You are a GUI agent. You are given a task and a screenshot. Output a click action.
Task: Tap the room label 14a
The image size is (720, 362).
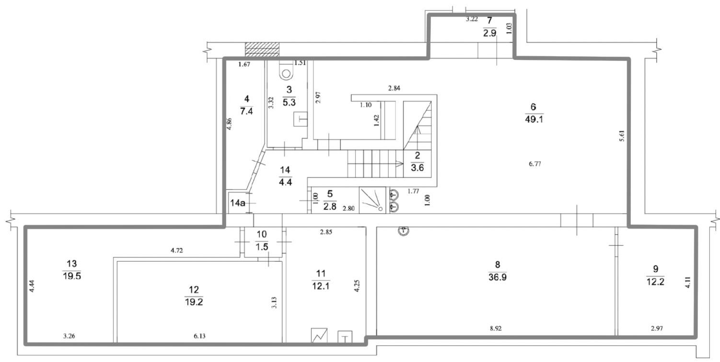click(238, 203)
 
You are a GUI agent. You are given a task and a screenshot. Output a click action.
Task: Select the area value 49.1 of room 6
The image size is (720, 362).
click(534, 120)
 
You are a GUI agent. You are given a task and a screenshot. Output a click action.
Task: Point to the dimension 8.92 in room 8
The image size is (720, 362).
click(496, 328)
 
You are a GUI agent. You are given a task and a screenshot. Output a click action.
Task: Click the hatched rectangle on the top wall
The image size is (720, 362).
click(262, 49)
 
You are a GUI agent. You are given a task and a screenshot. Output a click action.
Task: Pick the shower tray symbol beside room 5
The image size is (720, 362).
click(372, 200)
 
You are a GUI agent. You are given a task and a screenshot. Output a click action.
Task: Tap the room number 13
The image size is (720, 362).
click(72, 264)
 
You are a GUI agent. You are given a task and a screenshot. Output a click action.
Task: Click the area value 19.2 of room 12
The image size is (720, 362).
click(194, 302)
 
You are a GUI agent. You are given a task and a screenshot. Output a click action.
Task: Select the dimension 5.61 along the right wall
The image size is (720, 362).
click(622, 135)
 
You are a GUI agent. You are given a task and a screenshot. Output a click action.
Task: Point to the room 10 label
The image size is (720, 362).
click(262, 234)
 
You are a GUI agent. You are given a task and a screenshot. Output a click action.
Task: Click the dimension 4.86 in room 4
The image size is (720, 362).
click(229, 124)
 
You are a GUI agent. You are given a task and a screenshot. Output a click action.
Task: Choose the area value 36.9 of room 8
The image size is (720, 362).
click(498, 278)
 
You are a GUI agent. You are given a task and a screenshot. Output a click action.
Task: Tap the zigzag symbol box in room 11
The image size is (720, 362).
click(319, 335)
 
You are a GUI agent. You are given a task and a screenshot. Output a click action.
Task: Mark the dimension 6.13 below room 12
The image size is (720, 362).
click(199, 336)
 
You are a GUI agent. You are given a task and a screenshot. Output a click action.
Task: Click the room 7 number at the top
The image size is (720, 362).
click(489, 21)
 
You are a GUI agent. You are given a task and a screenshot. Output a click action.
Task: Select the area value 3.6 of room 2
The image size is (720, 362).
click(417, 168)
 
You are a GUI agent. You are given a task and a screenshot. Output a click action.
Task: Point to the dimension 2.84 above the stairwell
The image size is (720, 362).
click(394, 88)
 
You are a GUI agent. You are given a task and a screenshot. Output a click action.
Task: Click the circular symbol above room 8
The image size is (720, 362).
click(404, 230)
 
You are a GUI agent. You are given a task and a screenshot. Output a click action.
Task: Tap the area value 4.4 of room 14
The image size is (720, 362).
click(285, 182)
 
